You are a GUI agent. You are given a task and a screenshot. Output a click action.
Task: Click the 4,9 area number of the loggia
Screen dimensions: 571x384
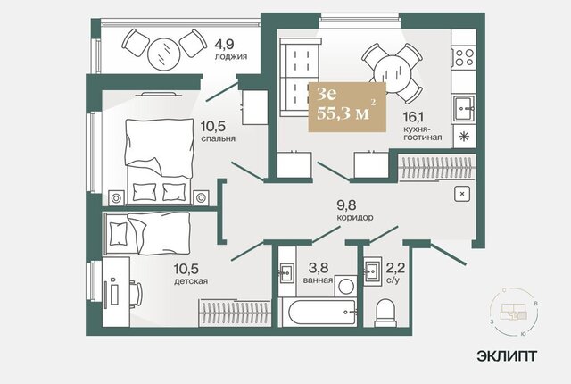click(224, 45)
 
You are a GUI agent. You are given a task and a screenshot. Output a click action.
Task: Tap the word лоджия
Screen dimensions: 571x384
click(231, 56)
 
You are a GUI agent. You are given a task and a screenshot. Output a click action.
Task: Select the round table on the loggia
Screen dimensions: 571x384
click(164, 54)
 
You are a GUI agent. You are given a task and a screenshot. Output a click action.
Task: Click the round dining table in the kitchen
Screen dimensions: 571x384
click(393, 74)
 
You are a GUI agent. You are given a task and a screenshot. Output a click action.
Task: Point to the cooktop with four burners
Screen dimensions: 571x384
click(464, 57)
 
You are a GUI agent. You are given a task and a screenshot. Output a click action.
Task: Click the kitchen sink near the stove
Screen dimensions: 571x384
click(464, 108)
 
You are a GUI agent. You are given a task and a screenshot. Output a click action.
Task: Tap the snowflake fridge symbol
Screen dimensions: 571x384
click(464, 137)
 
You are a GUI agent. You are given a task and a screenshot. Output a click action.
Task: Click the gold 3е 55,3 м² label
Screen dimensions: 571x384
click(347, 106)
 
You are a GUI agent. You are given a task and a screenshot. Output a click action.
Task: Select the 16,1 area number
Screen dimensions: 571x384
click(413, 117)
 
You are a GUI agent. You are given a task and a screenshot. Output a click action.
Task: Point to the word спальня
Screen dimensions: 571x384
click(218, 138)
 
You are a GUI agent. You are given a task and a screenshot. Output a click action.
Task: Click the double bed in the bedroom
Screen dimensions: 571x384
click(159, 161)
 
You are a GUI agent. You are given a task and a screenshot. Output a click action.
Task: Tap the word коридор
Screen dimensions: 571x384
click(355, 218)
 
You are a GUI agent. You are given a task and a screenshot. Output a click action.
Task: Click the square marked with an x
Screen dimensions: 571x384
click(462, 194)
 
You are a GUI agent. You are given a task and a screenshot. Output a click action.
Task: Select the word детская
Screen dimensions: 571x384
click(191, 281)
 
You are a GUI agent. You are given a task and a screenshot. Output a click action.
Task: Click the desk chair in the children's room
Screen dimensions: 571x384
click(136, 294)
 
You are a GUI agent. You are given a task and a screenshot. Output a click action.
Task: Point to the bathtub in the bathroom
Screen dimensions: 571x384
click(322, 313)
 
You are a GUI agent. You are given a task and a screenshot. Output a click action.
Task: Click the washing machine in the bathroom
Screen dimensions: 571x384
click(345, 286)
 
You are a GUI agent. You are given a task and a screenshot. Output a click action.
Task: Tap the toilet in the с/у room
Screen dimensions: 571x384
click(385, 313)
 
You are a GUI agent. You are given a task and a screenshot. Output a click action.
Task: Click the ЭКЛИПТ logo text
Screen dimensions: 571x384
click(507, 355)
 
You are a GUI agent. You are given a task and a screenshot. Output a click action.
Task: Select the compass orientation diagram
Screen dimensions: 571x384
click(514, 312)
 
